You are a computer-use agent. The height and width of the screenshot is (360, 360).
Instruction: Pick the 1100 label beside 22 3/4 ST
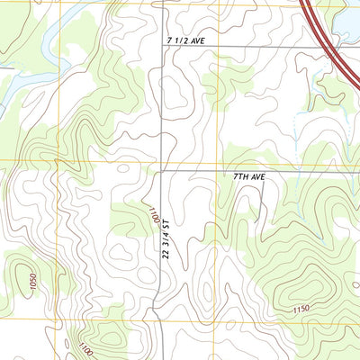click(153, 215)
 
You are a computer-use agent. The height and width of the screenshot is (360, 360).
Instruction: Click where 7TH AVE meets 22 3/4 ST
click(161, 169)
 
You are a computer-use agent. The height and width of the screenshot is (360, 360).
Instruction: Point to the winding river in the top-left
click(54, 36)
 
